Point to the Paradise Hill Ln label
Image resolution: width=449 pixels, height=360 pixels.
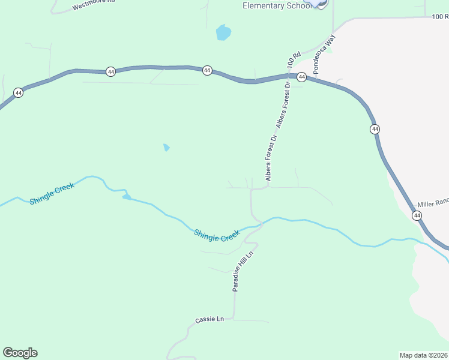click(244, 271)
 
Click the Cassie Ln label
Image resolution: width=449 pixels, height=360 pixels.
click(209, 320)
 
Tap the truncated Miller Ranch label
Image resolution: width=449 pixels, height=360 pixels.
click(433, 203)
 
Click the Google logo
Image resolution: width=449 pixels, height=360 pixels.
click(20, 353)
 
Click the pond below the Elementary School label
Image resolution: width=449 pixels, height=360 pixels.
click(223, 32)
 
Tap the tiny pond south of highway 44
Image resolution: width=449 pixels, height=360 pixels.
click(166, 147)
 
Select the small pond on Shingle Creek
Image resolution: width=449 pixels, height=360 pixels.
click(126, 196)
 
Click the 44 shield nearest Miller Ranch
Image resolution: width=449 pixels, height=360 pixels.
click(417, 215)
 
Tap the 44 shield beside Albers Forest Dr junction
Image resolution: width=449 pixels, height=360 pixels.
click(302, 77)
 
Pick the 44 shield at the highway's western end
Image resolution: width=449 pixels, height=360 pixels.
click(19, 92)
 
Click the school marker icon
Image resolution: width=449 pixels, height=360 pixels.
click(321, 3)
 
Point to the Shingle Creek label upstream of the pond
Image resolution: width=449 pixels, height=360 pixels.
click(52, 194)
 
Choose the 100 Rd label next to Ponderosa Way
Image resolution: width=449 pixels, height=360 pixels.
click(294, 59)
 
